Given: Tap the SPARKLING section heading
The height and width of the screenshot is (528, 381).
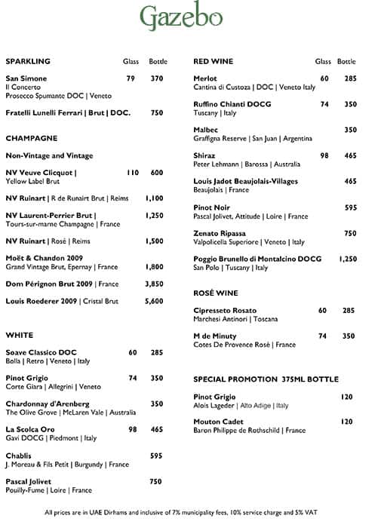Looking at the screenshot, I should pos(28,61).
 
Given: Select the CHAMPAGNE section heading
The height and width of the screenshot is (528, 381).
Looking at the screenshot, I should pos(32,138).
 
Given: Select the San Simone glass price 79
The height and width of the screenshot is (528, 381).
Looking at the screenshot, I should pos(131,78).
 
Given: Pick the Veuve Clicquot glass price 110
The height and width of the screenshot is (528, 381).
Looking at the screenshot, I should pos(132,172).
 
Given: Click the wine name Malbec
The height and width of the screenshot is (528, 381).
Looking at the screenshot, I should pos(206,130).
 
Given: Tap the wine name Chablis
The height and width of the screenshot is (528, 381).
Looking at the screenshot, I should pos(19,456).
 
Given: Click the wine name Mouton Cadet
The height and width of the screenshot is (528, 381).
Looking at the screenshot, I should pos(217,422).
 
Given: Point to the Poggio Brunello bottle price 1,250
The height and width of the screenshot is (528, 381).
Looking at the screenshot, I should pos(347,259).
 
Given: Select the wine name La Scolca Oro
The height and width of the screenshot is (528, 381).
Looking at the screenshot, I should pos(31,429).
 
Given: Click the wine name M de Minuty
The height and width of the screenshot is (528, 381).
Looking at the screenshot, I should pos(215,336).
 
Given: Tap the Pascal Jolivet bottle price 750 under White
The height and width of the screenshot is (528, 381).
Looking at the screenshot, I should pos(156,481).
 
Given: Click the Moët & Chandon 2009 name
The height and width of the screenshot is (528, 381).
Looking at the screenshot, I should pos(45,258).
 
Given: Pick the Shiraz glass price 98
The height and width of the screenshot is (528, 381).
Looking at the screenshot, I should pos(324,155).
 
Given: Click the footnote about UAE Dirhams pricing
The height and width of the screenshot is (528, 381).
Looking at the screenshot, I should pos(181,512).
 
